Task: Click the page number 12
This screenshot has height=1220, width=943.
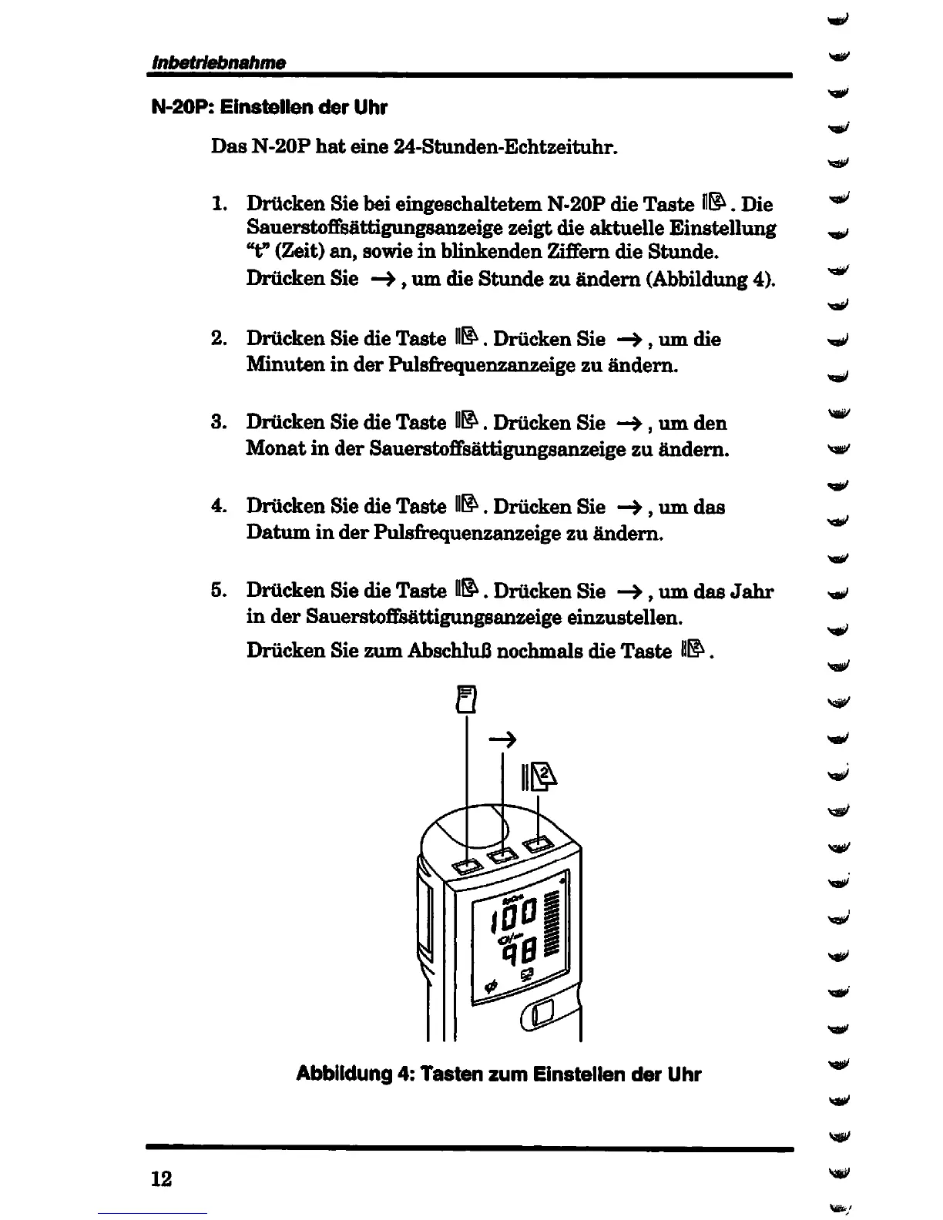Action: coord(161,1179)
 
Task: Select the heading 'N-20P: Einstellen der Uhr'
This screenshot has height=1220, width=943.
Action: coord(269,107)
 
